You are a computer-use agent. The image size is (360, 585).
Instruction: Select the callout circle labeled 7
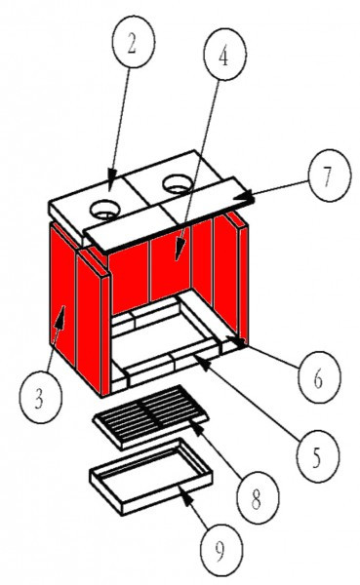point(326,177)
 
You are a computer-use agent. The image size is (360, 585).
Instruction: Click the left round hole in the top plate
point(104,208)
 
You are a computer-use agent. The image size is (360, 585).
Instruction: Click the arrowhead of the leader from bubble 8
point(191,421)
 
